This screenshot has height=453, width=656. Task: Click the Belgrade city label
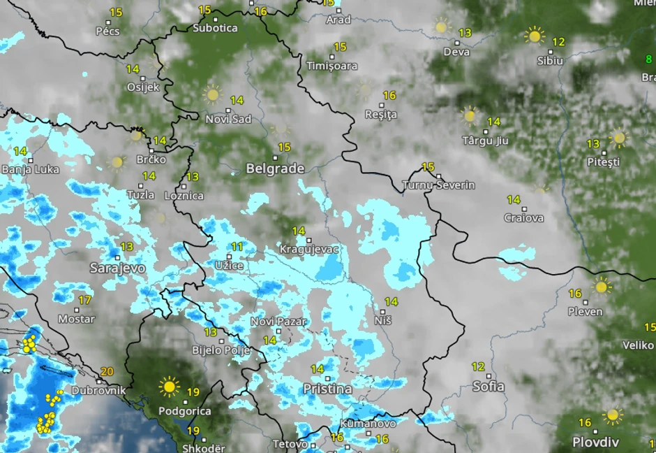coord(275,168)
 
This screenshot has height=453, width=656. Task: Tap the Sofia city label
coord(489,386)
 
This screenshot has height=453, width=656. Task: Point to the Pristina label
coord(327,389)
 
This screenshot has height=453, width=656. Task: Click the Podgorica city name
coord(185,411)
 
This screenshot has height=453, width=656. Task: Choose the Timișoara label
coord(332,66)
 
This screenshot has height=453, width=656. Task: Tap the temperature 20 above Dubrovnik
coord(107,372)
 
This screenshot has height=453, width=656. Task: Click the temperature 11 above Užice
coord(237,247)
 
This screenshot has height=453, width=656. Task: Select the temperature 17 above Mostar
coord(84,300)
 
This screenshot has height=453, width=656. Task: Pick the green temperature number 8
coord(648,59)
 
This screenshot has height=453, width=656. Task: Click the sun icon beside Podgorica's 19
coord(169,386)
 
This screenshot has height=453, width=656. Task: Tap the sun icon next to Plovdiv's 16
coord(613,416)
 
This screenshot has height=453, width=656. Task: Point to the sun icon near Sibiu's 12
coord(534,36)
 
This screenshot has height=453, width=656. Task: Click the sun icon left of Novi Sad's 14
coord(212,94)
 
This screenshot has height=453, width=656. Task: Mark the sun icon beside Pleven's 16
coord(601,286)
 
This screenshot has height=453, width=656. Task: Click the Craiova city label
coord(523,218)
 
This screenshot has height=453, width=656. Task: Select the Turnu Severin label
coord(438,185)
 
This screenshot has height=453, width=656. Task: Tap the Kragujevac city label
coord(308,249)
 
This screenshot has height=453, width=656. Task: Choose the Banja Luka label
coord(31,169)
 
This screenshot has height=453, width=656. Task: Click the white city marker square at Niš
coord(383,311)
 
